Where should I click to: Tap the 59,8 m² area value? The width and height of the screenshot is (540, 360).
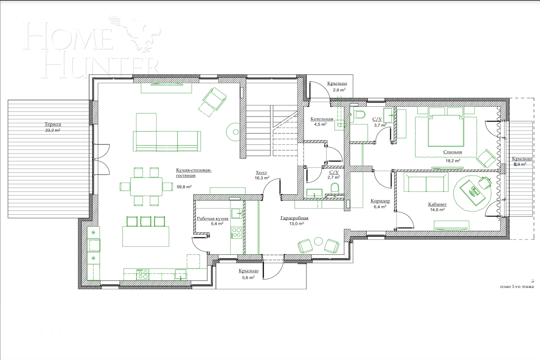click(184, 186)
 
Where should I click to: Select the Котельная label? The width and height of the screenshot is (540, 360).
click(321, 119)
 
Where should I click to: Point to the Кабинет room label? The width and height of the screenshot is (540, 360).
click(436, 204)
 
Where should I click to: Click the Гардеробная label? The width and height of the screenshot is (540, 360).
click(294, 218)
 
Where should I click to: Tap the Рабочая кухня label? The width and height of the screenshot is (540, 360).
click(212, 218)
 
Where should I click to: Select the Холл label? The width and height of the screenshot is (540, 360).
click(261, 172)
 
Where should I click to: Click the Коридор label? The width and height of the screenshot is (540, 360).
click(380, 201)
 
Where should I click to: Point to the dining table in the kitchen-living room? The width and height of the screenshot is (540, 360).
click(146, 186)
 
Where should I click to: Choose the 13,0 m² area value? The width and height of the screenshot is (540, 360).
click(295, 224)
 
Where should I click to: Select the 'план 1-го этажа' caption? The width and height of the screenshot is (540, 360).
click(517, 287)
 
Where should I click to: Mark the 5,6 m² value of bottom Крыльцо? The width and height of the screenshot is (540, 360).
click(248, 278)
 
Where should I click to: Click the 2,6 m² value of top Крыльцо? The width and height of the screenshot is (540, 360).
click(339, 90)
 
